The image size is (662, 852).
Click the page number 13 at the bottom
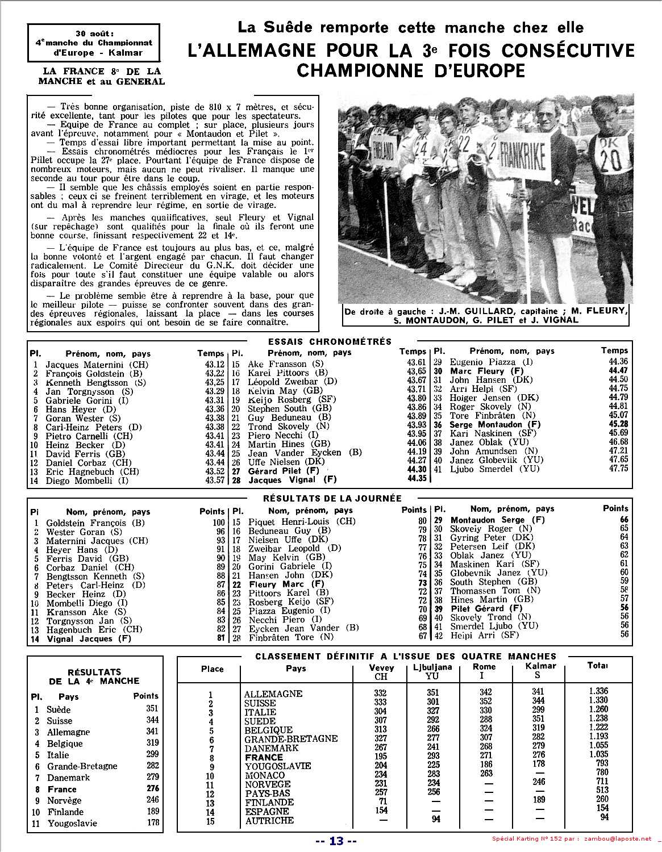point(336,842)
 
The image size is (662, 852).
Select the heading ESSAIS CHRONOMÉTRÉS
point(330,341)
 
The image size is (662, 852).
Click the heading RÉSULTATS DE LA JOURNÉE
point(332,498)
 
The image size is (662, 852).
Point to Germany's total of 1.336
point(598,691)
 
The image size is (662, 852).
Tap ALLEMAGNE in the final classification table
point(273,694)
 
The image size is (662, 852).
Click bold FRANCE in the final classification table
point(264,758)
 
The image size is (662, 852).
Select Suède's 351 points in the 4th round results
point(152,708)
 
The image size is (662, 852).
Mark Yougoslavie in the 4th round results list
point(72,823)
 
